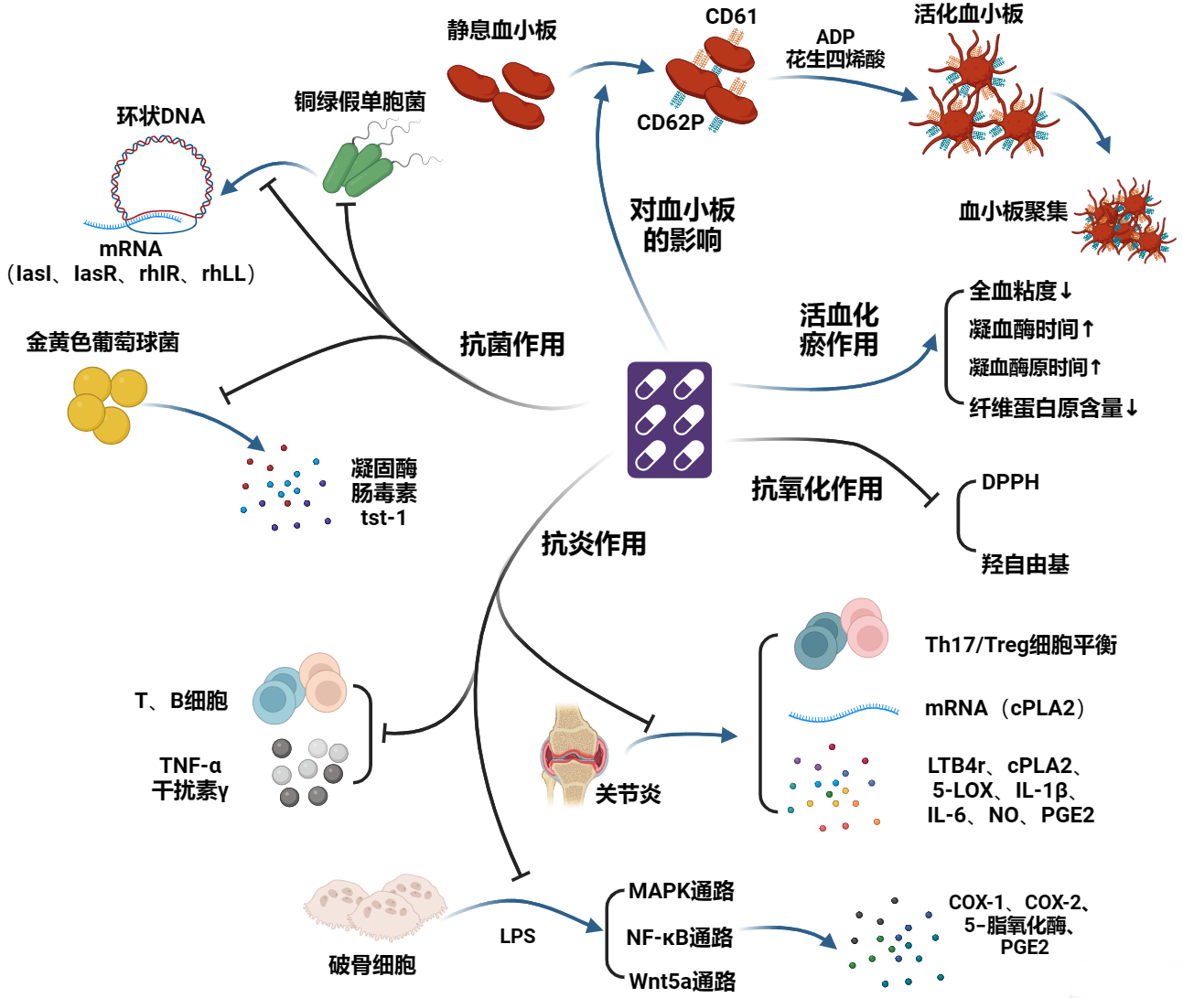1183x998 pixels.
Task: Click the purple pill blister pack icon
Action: (x=669, y=419)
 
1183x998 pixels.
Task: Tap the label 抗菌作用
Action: (x=511, y=345)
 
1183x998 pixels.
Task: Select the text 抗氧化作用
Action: (x=816, y=489)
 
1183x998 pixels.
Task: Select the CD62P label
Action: (x=670, y=123)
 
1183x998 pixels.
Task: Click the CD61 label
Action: (x=730, y=16)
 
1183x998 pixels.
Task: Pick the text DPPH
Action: (x=1010, y=482)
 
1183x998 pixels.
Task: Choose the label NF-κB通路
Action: (x=679, y=938)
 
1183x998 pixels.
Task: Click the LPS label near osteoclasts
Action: (x=517, y=937)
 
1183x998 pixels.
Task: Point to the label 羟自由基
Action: (x=1025, y=564)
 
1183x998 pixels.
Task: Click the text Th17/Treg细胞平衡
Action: (x=1020, y=645)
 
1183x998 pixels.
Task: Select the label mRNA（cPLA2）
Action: (x=1004, y=708)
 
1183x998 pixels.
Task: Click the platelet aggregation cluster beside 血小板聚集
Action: (x=1124, y=221)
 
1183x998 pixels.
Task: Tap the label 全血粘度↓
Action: (x=1019, y=291)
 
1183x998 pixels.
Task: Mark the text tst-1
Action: (x=383, y=518)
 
